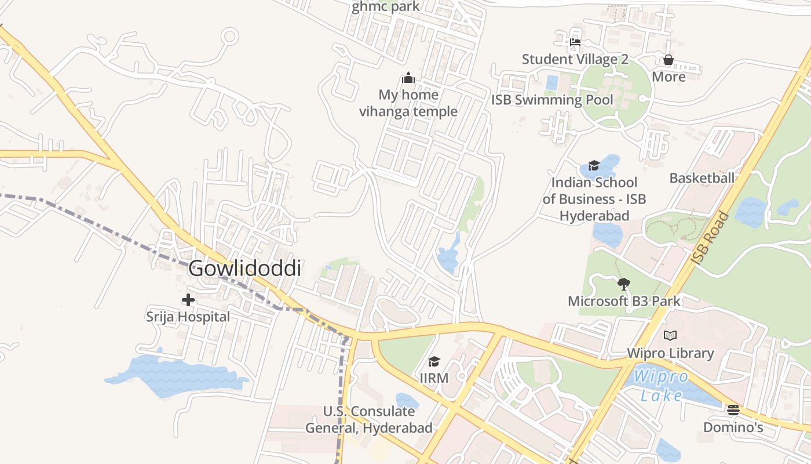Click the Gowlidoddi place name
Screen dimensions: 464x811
point(244,269)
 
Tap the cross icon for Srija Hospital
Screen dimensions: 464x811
point(188,300)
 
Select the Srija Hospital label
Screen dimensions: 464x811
point(188,317)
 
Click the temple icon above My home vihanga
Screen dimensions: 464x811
point(408,78)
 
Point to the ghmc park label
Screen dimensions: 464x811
point(385,7)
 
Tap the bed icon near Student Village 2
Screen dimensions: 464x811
point(575,42)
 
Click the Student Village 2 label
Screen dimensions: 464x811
point(575,59)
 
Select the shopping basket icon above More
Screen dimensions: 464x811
point(668,60)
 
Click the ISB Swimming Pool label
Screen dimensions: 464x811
point(551,100)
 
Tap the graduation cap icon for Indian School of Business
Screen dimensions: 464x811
point(594,166)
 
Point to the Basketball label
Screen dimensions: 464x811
point(702,178)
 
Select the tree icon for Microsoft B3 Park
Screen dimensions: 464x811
point(624,284)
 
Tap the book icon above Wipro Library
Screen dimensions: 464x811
point(670,335)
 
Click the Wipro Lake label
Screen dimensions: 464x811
point(661,386)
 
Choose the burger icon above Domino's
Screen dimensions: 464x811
point(733,410)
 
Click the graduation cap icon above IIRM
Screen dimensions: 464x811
point(434,362)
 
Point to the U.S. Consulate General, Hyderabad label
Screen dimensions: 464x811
point(369,420)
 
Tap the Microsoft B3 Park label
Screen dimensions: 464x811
point(624,301)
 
